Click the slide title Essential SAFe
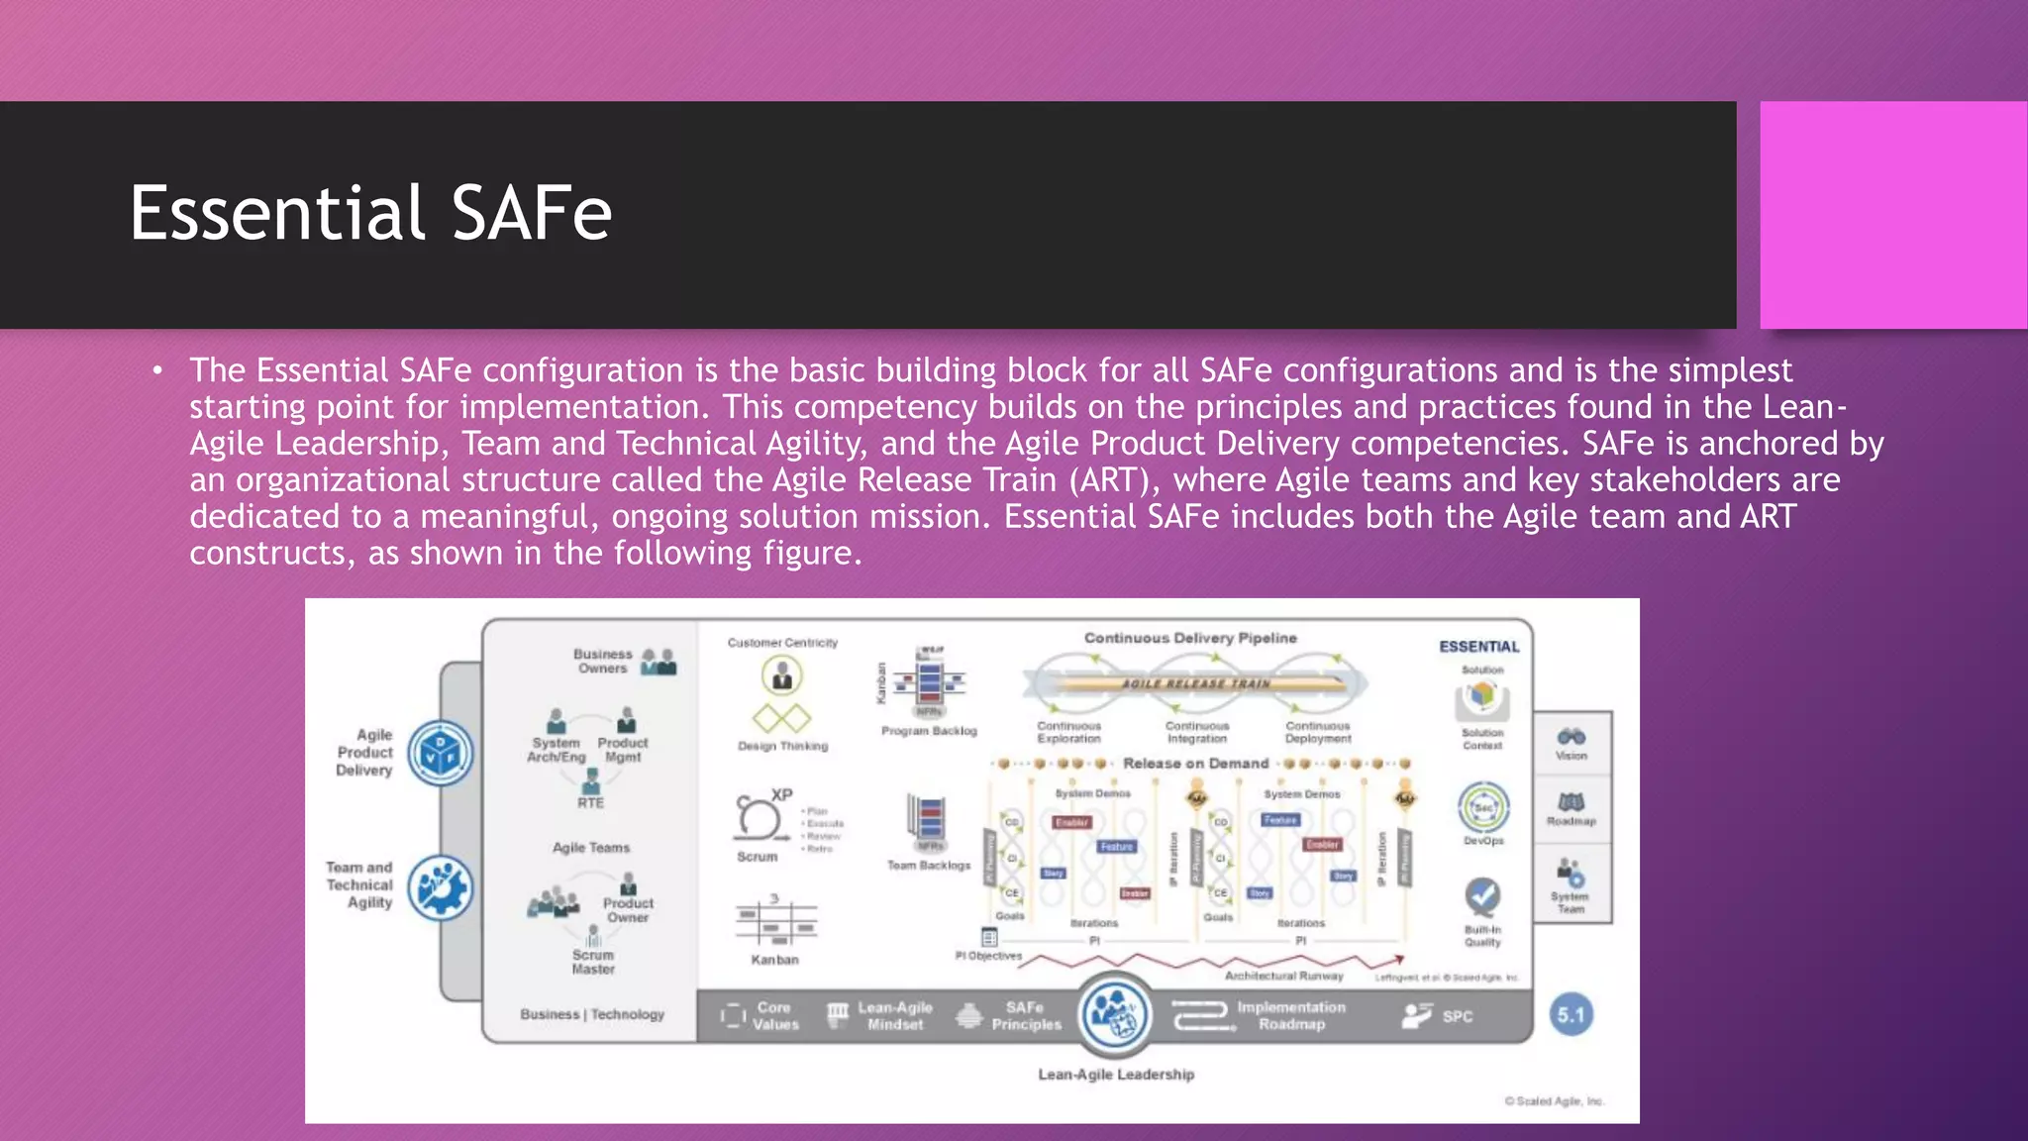370,213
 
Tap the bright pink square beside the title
1892,215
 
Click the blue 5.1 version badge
1571,1014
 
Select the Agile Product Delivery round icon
441,754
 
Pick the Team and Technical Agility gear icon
441,887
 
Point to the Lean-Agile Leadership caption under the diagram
1116,1075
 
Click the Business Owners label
602,661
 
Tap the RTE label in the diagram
590,803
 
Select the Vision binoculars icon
1572,737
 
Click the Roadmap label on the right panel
1572,821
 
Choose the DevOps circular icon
1483,807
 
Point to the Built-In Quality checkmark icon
1482,896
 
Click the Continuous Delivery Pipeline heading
1189,638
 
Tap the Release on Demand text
1195,764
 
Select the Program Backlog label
929,731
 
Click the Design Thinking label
782,746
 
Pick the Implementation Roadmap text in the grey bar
1291,1015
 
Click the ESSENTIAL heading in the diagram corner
1478,647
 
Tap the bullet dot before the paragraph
157,370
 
